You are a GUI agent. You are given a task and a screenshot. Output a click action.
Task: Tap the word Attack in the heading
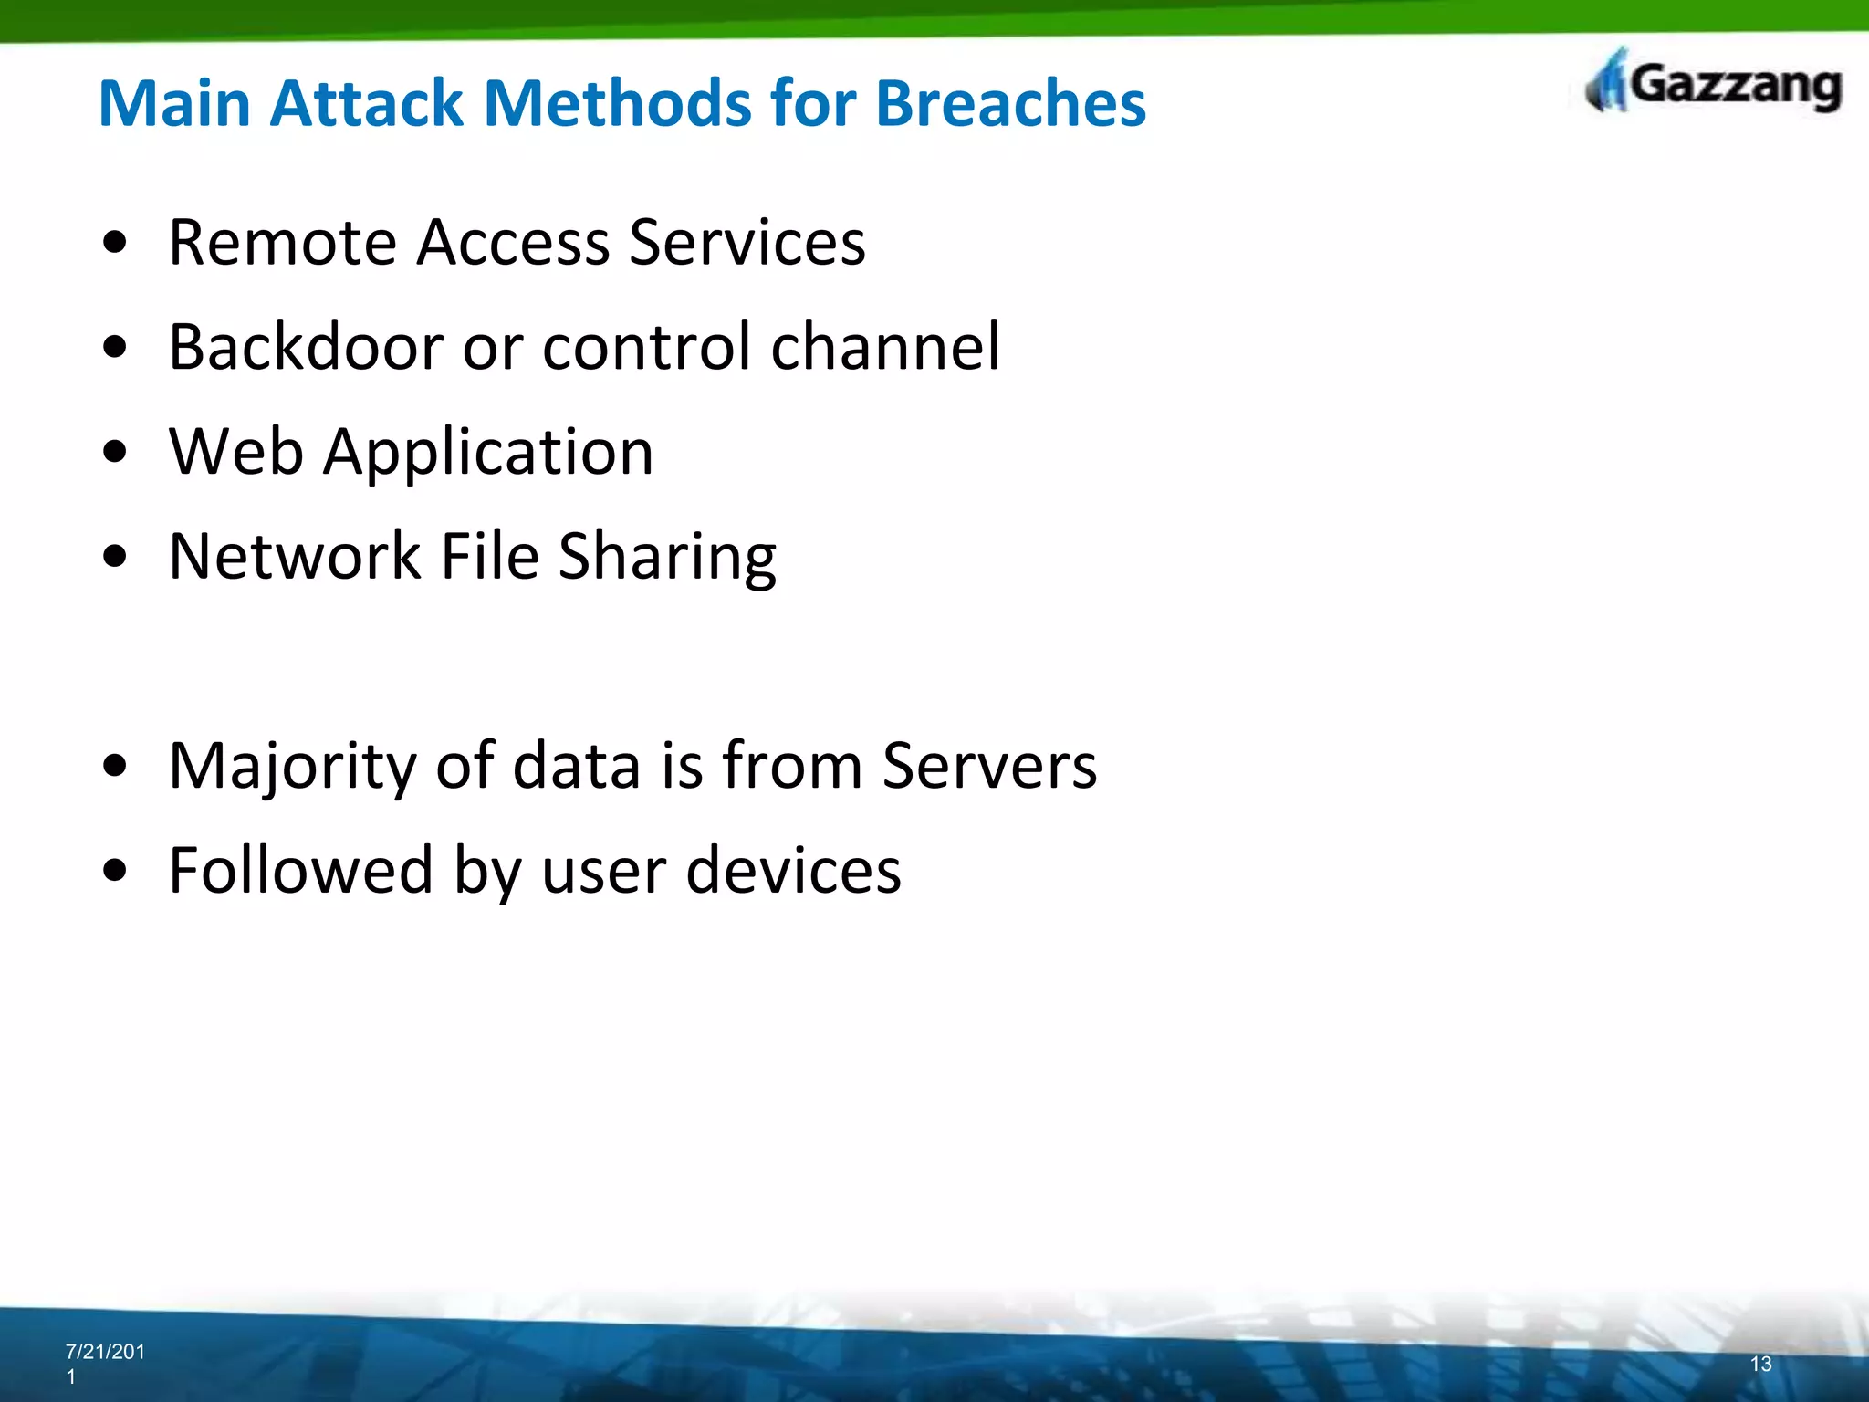click(368, 102)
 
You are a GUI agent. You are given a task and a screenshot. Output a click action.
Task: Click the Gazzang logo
click(1714, 84)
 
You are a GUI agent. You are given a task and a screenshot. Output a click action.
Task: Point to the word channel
click(885, 347)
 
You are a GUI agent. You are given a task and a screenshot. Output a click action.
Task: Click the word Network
click(294, 556)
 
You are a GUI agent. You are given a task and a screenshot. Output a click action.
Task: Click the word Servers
click(989, 765)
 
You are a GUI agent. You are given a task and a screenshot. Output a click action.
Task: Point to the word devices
click(793, 870)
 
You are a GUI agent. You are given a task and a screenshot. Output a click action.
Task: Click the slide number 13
click(1760, 1364)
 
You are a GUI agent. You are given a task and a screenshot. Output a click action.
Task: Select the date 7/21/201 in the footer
click(105, 1352)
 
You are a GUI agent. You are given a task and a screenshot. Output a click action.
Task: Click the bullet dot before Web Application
click(115, 452)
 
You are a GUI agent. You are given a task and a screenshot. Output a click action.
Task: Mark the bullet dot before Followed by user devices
click(115, 871)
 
